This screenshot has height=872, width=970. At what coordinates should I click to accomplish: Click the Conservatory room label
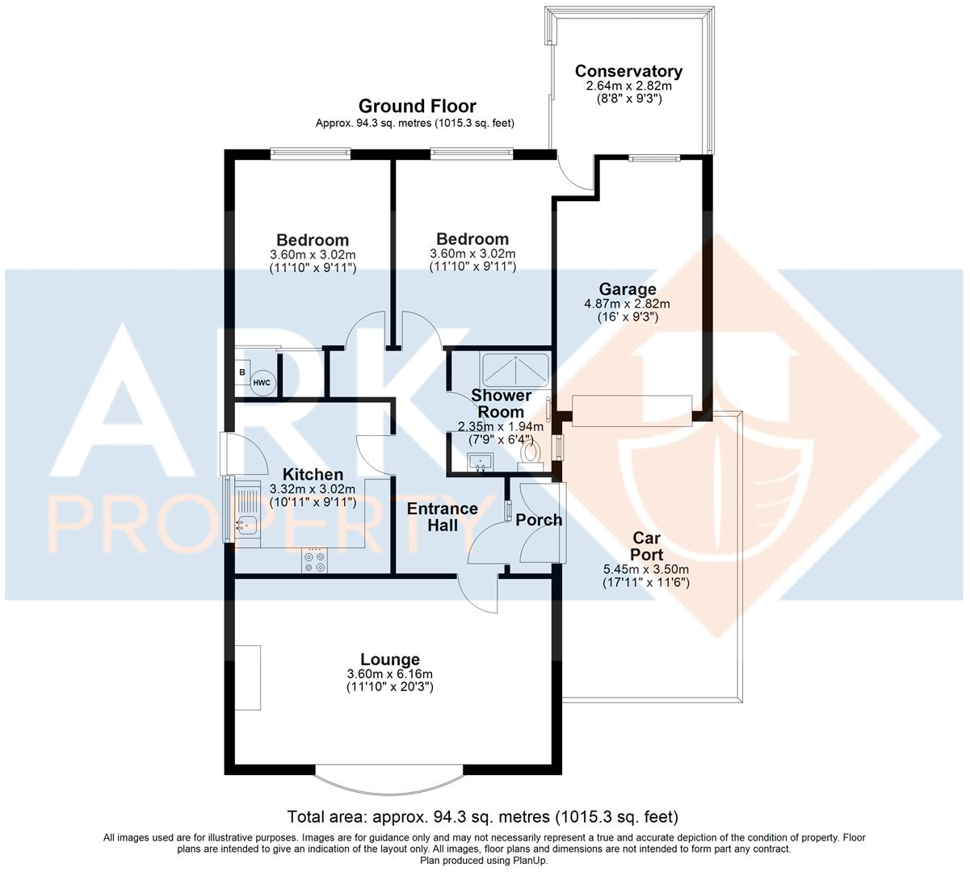pos(628,72)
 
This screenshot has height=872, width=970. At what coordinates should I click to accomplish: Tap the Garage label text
pos(628,289)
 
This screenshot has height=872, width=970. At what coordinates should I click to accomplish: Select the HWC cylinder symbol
pos(262,383)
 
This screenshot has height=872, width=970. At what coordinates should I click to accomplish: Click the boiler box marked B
pos(241,372)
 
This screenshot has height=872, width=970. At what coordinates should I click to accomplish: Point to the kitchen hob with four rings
pos(315,561)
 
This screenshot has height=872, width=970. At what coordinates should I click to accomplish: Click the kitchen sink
pos(245,525)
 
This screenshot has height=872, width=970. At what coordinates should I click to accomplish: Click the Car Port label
pos(647,546)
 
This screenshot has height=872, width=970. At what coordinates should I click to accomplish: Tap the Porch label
pos(539,520)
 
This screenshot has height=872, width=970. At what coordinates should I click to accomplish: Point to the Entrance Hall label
pos(442,517)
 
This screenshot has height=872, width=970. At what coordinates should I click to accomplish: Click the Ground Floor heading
pos(417,107)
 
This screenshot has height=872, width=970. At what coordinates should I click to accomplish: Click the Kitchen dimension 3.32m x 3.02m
pos(313,489)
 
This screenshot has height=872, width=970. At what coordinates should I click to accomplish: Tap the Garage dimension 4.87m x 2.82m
pos(628,304)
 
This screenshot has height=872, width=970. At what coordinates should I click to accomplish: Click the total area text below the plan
pos(483,816)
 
